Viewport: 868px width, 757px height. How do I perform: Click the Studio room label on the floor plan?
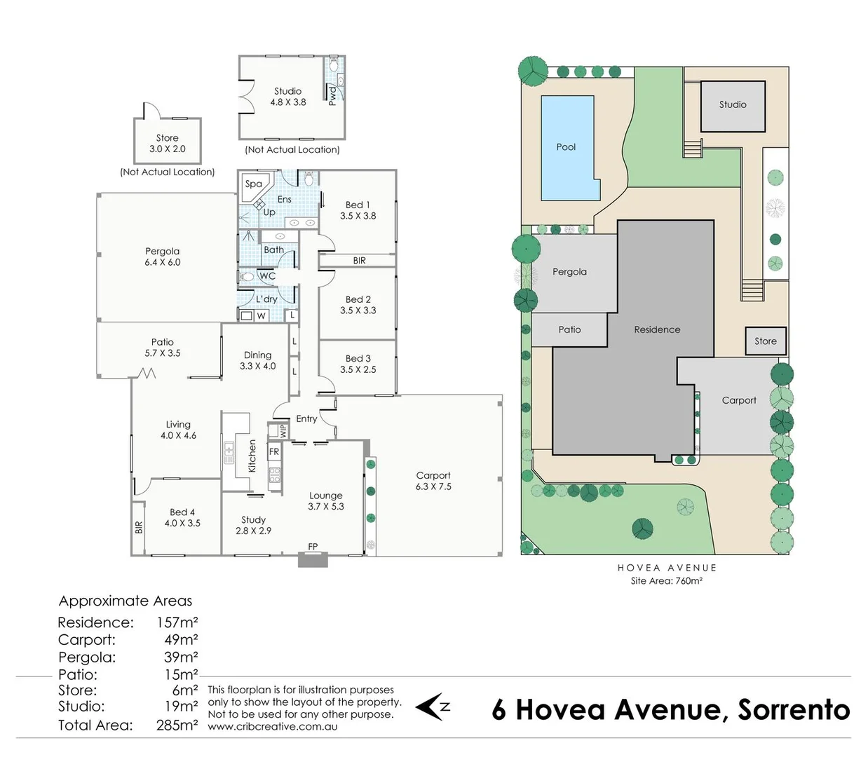[287, 91]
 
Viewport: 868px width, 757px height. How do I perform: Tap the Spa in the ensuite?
[253, 184]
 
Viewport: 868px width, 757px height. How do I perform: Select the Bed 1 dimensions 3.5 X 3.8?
[358, 216]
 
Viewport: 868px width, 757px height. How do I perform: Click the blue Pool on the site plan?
[566, 147]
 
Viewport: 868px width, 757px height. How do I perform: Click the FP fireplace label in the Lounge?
[313, 547]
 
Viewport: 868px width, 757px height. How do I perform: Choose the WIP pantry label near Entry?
[283, 431]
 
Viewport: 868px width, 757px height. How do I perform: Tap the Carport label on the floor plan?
[433, 475]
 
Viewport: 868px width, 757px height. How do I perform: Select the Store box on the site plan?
[765, 341]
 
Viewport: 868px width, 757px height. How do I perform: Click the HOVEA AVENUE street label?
[667, 568]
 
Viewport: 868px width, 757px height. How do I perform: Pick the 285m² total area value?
[177, 725]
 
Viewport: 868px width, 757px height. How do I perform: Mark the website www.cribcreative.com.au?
[272, 727]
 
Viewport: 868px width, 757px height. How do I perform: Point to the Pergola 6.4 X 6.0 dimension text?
[162, 262]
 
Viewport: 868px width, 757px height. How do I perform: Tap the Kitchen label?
[252, 456]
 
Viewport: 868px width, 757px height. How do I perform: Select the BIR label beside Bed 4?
[139, 527]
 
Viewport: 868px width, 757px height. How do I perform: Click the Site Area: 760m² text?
[666, 581]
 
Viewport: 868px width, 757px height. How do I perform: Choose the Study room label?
[253, 519]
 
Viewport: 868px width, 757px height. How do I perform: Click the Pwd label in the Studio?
[332, 95]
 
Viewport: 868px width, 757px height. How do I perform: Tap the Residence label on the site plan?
[657, 329]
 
